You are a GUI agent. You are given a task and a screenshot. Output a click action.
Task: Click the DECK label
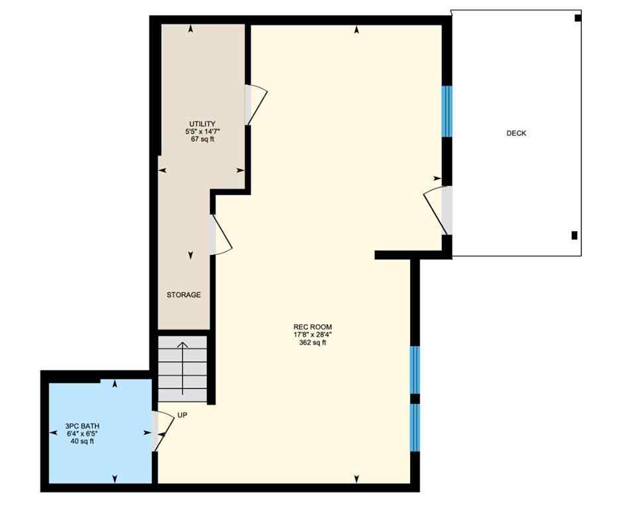coord(516,133)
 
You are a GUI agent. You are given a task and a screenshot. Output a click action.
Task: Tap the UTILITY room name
coord(202,124)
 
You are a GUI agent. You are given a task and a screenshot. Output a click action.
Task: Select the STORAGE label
coord(184,295)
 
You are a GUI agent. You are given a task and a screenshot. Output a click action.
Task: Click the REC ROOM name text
coord(313,327)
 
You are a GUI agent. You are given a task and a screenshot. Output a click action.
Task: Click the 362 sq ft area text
coord(313,343)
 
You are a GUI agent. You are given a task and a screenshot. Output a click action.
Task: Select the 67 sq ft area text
coord(202,139)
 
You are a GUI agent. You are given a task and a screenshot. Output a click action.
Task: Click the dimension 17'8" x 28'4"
coord(313,335)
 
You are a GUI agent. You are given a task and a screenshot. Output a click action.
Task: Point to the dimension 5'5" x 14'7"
coord(202,132)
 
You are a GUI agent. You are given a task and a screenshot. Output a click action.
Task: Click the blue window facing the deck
coord(447,111)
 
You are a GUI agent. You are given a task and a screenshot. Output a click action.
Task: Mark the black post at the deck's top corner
coord(577,18)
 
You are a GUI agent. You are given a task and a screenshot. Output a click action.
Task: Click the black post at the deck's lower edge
coord(574,235)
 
